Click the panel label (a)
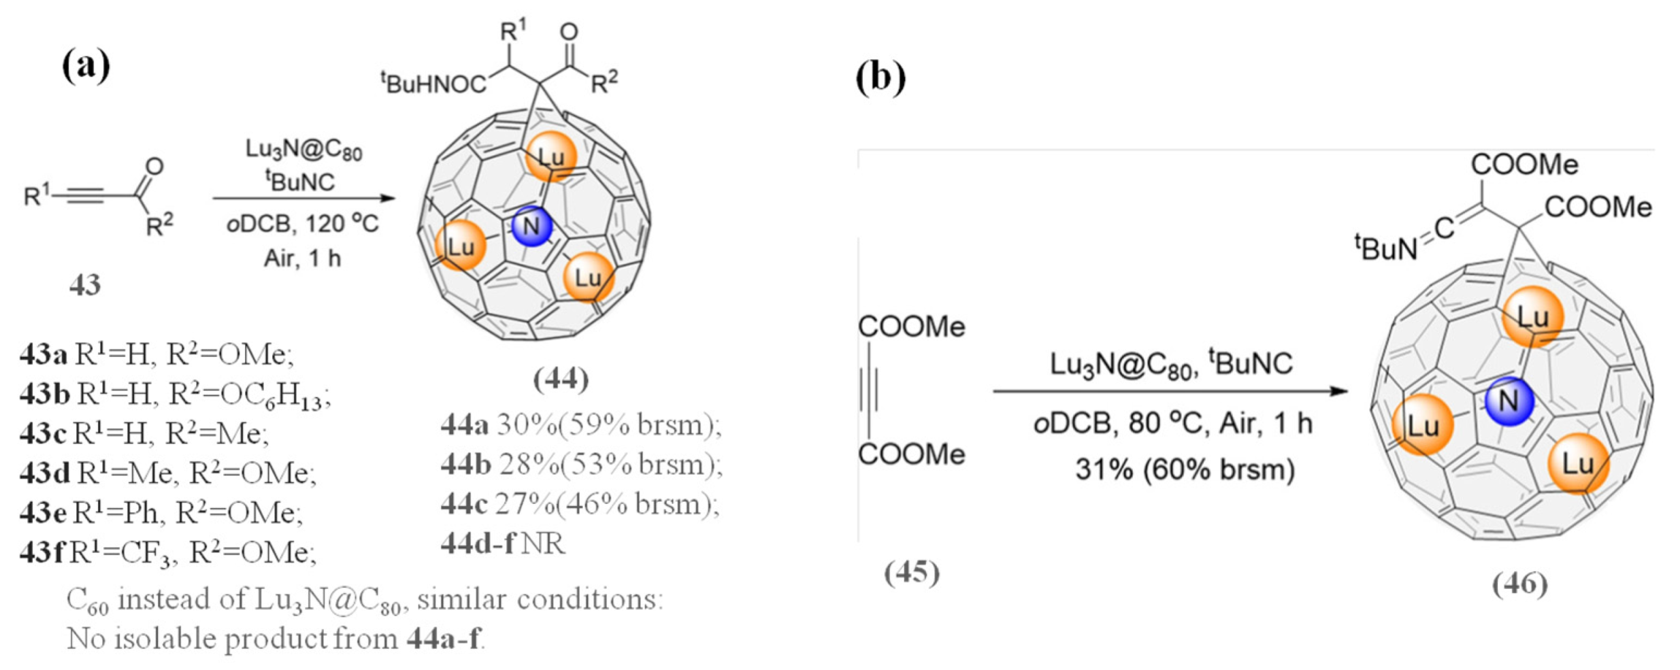pyautogui.click(x=86, y=66)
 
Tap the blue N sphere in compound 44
pyautogui.click(x=531, y=226)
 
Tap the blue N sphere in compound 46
pyautogui.click(x=1509, y=401)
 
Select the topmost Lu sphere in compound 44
pyautogui.click(x=550, y=156)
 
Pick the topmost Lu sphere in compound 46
pyautogui.click(x=1532, y=317)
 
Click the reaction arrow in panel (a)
pyautogui.click(x=303, y=198)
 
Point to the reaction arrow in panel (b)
pyautogui.click(x=1170, y=391)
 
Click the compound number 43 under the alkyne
pyautogui.click(x=85, y=285)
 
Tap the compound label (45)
pyautogui.click(x=912, y=573)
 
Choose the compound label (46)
pyautogui.click(x=1519, y=584)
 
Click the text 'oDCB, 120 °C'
pyautogui.click(x=303, y=224)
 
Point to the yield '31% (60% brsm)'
pyautogui.click(x=1185, y=470)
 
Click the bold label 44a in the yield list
pyautogui.click(x=465, y=425)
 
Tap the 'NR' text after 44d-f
pyautogui.click(x=544, y=544)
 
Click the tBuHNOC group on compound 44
pyautogui.click(x=433, y=84)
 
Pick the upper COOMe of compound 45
pyautogui.click(x=911, y=327)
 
